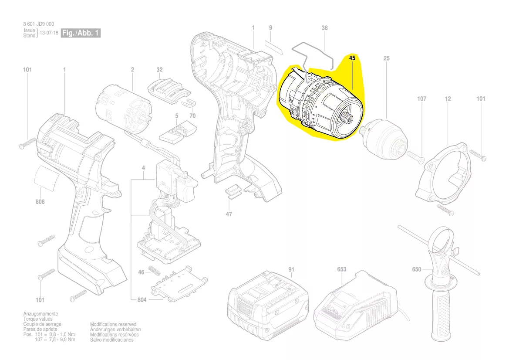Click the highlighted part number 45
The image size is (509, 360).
pos(352,58)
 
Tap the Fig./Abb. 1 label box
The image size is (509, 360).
pos(81,33)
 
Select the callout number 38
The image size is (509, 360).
pos(325,28)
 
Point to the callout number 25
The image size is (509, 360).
pos(386,58)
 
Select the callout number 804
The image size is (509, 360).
pos(142,299)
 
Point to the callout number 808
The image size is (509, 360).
pos(40,202)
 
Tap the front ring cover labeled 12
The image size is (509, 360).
pos(443,174)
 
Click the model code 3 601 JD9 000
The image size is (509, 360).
pos(39,24)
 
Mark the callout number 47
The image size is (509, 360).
pos(229,214)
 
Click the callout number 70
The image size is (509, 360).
pos(192,115)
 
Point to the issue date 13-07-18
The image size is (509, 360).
pos(49,33)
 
